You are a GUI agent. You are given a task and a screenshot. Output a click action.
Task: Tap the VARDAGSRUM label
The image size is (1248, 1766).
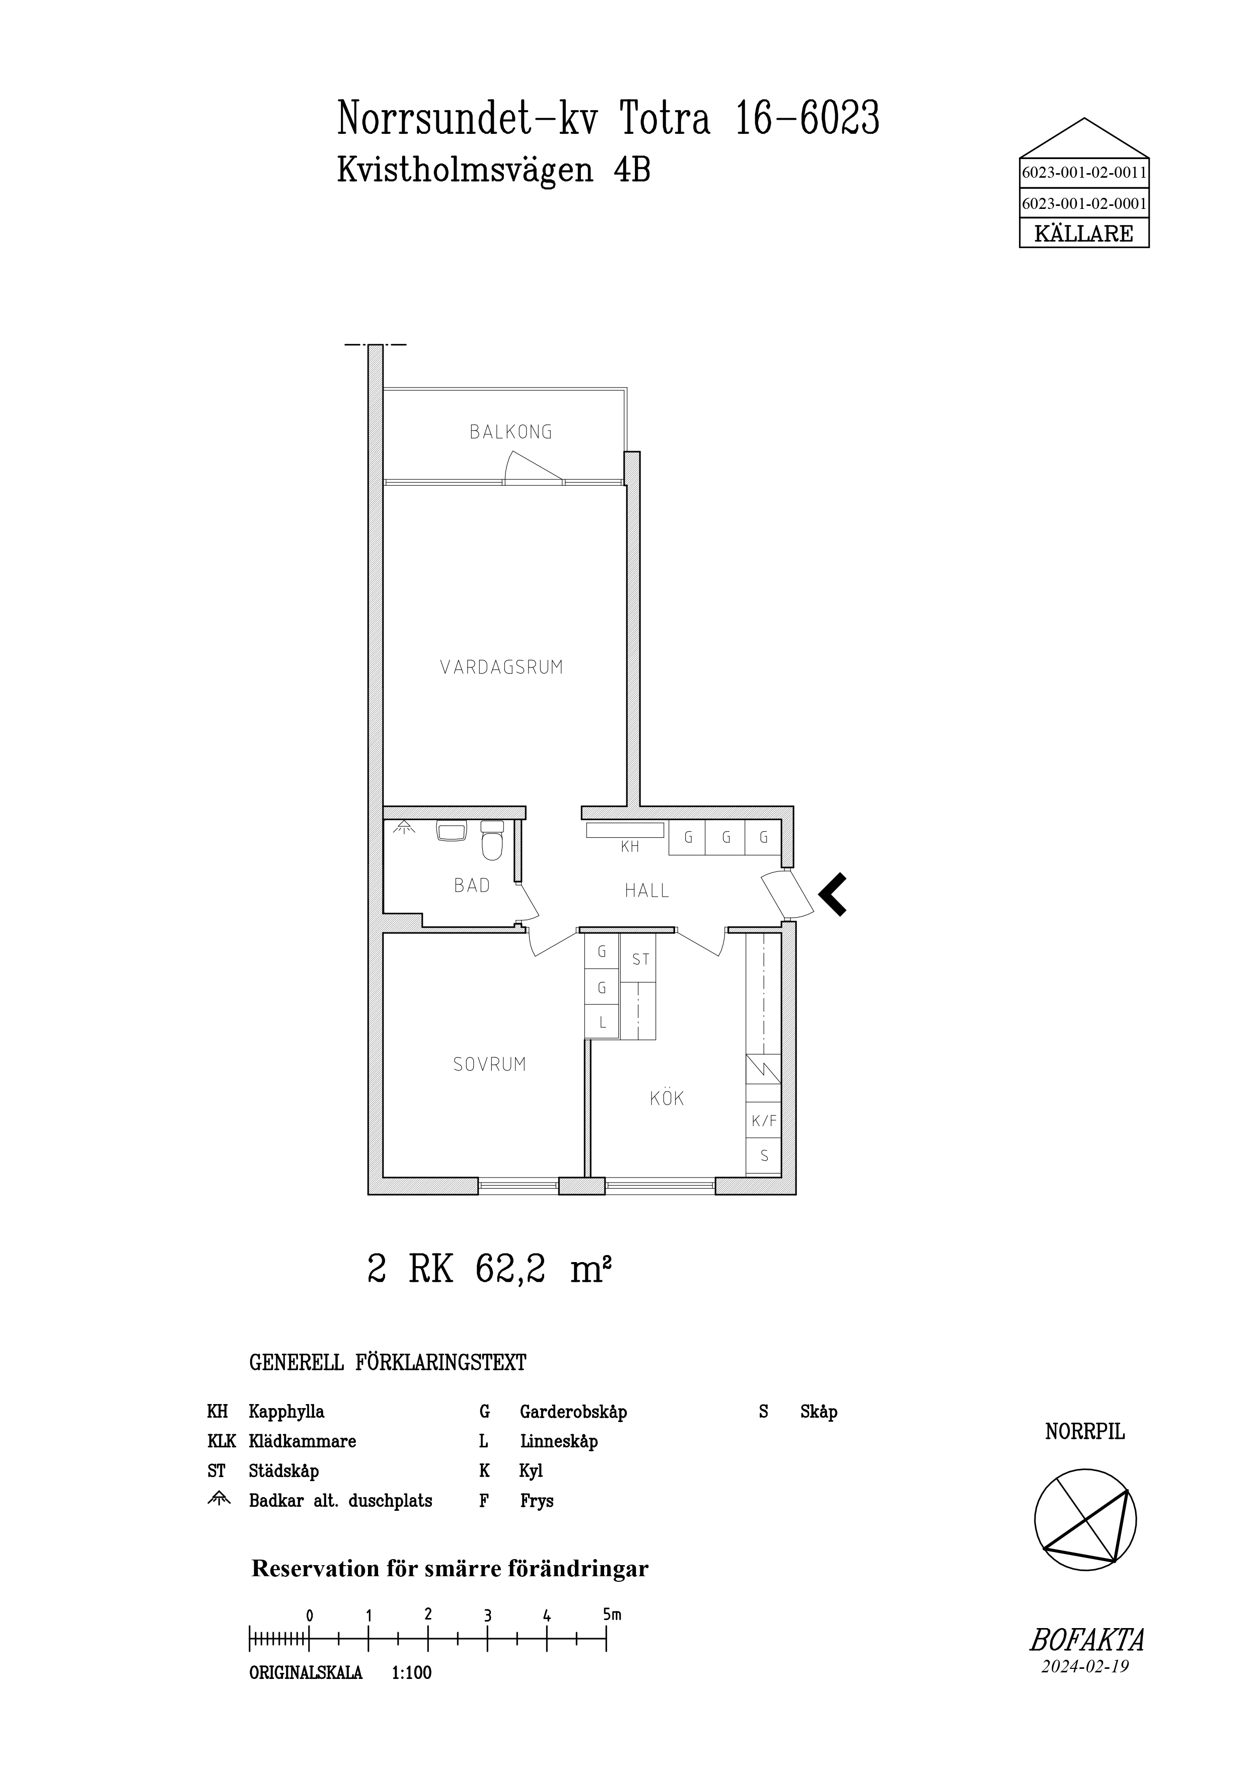[501, 667]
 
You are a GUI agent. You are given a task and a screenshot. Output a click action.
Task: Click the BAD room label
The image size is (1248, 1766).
[472, 886]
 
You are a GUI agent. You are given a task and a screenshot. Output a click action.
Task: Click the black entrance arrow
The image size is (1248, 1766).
[833, 895]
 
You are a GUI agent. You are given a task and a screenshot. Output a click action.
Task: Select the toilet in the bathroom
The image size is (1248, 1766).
[491, 840]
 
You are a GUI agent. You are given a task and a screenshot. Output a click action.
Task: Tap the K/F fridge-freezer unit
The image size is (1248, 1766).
[764, 1122]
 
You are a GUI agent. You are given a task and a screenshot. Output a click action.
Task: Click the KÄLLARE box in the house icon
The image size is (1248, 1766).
[1084, 233]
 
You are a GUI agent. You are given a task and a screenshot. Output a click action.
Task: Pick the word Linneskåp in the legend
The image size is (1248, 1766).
[559, 1441]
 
